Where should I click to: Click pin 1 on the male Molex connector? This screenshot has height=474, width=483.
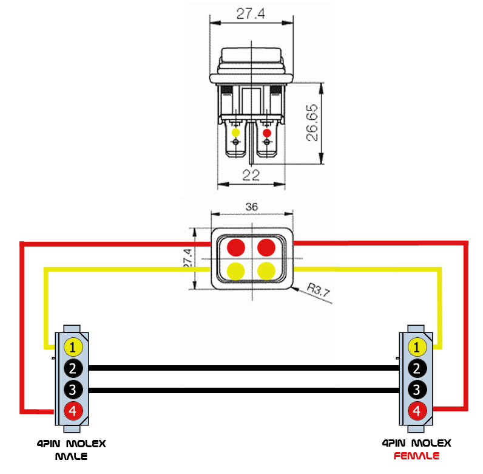73,347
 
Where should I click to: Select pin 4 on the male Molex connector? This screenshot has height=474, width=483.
73,411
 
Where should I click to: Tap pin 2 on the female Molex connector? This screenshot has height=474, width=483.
417,368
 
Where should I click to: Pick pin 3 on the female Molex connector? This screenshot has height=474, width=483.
417,390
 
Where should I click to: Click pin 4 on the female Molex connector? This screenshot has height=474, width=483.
417,411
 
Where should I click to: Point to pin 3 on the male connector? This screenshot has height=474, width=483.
73,390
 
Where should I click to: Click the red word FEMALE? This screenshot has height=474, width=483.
416,456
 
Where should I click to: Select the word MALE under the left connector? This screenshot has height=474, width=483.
71,456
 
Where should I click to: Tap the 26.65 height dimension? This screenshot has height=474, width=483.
312,123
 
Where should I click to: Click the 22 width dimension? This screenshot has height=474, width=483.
251,175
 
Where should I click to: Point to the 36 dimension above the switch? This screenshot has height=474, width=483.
252,207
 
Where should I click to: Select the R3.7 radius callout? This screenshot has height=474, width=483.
319,290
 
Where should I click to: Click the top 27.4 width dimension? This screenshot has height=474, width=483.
251,13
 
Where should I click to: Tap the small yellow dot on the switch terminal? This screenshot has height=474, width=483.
235,132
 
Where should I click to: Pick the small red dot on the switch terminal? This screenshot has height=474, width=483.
267,133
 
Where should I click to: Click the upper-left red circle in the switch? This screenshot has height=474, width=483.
236,247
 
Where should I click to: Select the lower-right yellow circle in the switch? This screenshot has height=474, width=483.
266,271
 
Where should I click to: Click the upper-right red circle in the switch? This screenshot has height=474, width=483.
266,247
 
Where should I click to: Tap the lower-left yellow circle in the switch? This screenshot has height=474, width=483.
236,271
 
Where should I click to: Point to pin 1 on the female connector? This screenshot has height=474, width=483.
417,347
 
